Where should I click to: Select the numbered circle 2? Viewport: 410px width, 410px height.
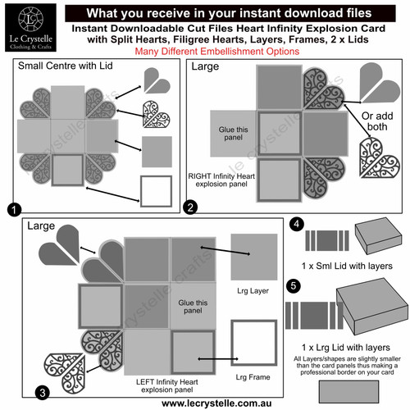point(190,208)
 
